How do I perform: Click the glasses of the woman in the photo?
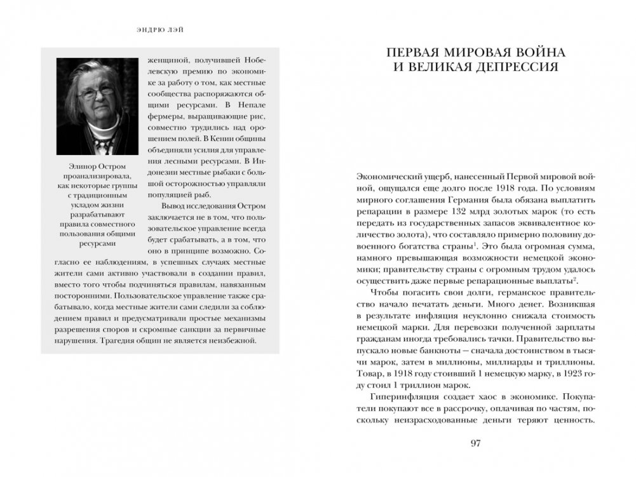(x=98, y=93)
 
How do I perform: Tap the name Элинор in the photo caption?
(x=72, y=166)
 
